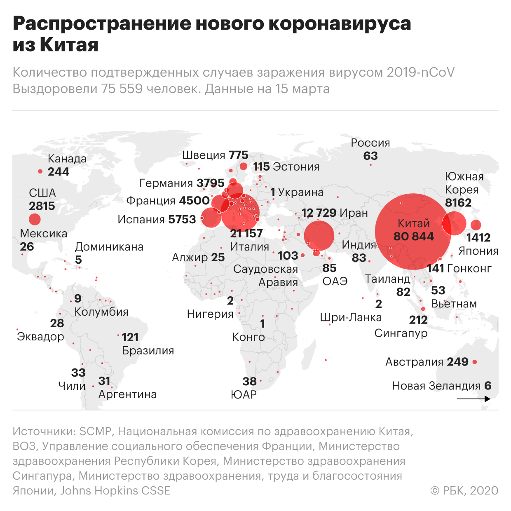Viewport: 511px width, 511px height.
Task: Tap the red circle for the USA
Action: coord(35,219)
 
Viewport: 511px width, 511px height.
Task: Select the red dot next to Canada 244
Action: coord(40,171)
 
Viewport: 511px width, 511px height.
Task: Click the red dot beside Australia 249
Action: coord(475,362)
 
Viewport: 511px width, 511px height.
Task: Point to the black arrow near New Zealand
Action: coord(473,399)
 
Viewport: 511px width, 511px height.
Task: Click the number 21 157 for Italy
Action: coord(246,233)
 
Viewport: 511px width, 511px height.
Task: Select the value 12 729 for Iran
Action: coord(319,213)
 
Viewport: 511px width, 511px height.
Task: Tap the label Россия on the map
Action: coord(370,143)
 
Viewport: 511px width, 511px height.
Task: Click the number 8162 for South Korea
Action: coord(458,203)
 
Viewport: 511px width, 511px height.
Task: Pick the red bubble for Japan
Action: coord(476,225)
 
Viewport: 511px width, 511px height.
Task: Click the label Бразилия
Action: coord(148,351)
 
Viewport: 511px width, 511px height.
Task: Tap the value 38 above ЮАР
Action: coord(249,381)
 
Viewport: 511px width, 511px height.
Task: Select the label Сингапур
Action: coord(401,333)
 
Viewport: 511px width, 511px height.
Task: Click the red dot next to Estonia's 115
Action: coord(244,166)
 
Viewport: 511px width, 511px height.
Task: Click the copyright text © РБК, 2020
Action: coord(464,490)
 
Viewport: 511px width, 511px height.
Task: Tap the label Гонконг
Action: coord(469,269)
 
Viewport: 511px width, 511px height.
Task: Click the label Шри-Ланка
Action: coord(351,318)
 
